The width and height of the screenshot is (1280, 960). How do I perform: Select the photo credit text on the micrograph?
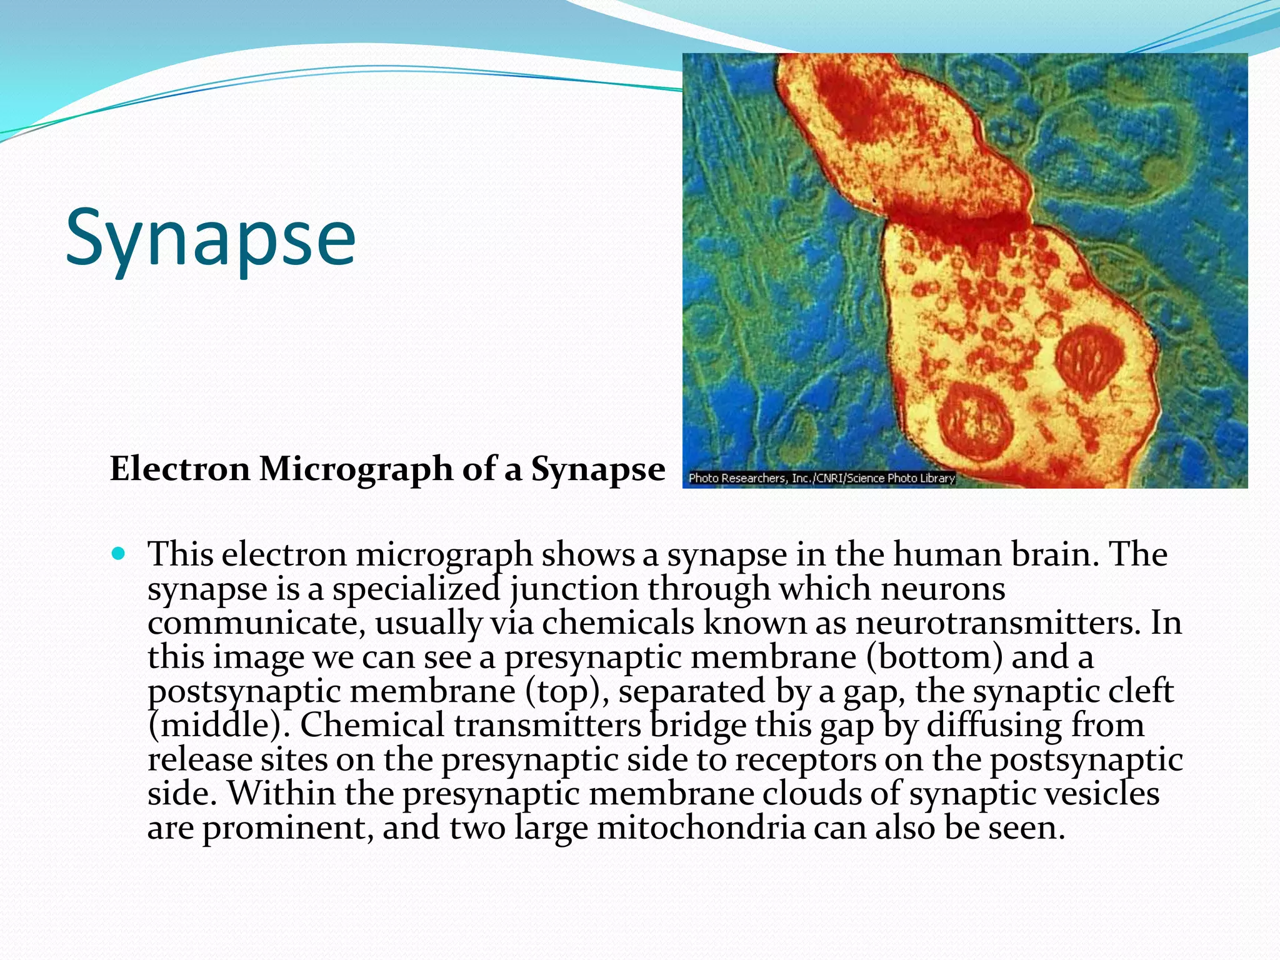point(821,478)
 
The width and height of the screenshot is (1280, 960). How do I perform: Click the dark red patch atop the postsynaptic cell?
point(856,100)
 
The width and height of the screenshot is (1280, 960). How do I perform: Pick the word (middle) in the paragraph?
point(219,726)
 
